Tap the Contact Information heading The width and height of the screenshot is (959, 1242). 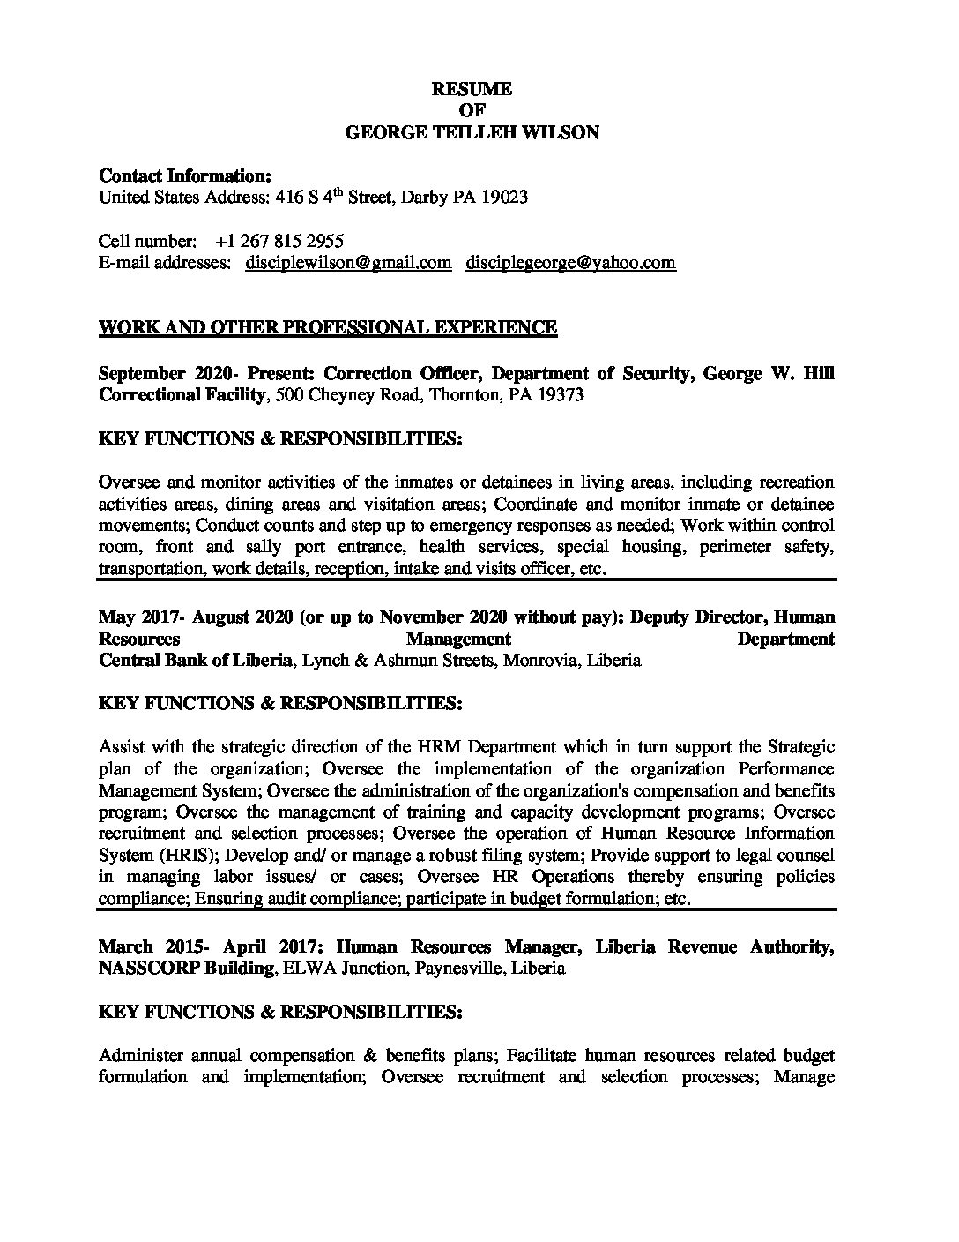[184, 176]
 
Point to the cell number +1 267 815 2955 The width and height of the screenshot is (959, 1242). [279, 241]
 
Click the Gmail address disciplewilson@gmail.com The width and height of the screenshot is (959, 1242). [349, 262]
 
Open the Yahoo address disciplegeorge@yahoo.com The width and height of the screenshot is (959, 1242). [570, 262]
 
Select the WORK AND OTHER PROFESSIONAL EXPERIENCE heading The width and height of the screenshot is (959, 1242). [328, 327]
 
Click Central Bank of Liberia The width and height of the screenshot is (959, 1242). [196, 660]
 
